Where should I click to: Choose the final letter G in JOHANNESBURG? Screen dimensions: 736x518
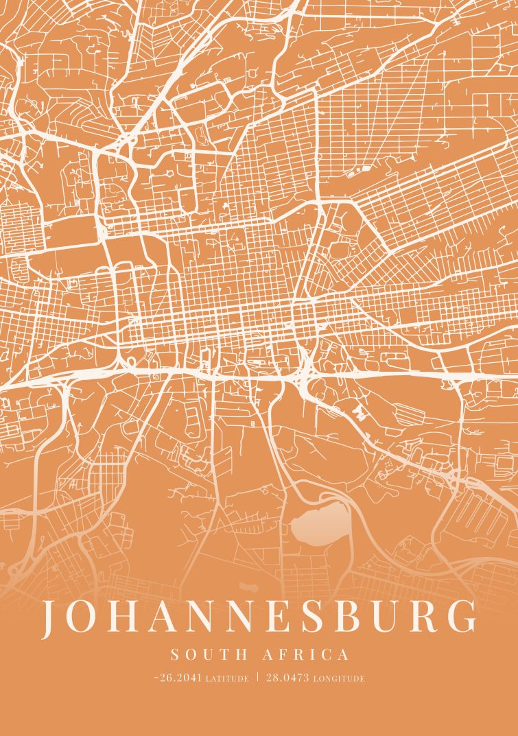tap(463, 617)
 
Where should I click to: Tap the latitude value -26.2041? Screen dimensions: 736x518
tap(178, 678)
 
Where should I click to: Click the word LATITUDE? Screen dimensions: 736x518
tap(227, 679)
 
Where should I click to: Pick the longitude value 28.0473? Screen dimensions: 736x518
tap(287, 678)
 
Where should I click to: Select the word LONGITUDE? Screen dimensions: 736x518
tap(339, 679)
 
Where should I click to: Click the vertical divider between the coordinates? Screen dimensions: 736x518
tap(257, 677)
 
